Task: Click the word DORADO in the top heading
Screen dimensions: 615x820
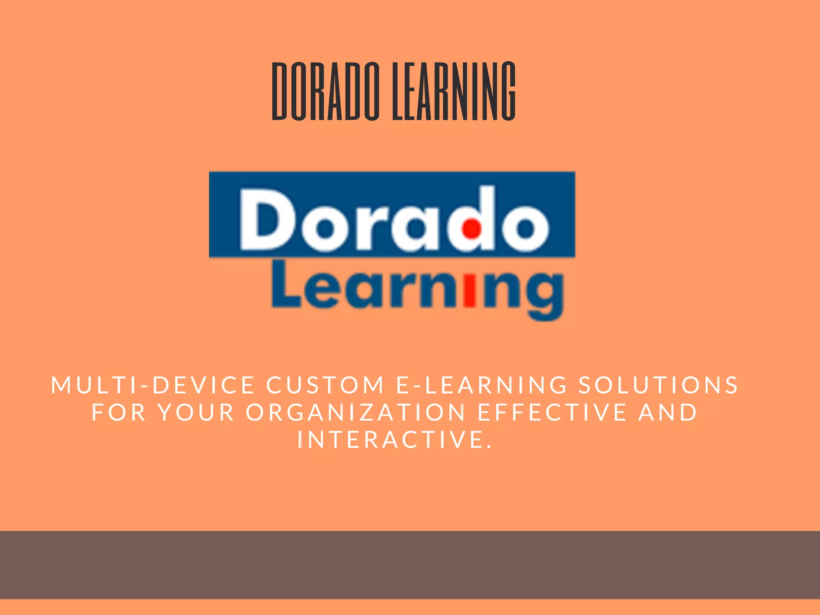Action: (325, 91)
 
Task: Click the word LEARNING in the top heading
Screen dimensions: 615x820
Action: (454, 91)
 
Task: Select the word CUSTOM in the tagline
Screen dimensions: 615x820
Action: (325, 385)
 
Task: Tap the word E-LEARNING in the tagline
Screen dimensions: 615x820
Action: (482, 385)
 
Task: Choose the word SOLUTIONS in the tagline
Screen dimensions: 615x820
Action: (659, 385)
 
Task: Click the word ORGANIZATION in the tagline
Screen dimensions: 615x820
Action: (356, 412)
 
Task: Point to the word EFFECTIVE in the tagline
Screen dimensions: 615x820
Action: (553, 412)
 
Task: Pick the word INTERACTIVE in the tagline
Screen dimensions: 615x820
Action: (394, 440)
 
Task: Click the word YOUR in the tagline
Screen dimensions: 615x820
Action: (196, 412)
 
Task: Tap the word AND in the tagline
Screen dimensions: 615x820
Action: (668, 412)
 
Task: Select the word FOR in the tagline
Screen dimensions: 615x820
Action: (119, 412)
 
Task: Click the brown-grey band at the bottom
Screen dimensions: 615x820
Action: (410, 565)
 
